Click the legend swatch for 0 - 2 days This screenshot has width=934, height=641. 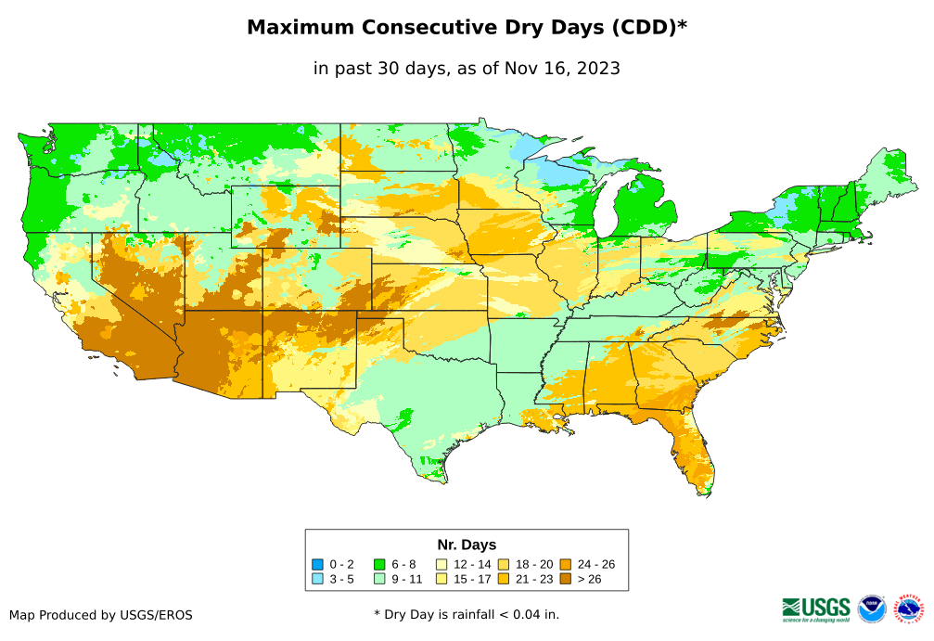318,564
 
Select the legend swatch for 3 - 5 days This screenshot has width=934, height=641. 318,579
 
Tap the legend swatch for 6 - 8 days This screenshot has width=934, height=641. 379,564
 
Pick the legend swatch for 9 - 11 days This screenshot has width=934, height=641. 379,579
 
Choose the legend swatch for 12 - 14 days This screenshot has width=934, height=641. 441,564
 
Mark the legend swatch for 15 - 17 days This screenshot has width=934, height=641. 441,579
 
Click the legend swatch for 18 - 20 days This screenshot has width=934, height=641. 503,564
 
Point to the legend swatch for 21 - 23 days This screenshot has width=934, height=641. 503,579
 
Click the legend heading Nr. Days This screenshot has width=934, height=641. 467,545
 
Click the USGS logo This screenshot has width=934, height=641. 816,608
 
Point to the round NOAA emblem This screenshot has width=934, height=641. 872,609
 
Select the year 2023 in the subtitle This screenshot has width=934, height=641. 598,68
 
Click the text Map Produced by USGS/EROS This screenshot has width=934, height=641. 101,615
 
